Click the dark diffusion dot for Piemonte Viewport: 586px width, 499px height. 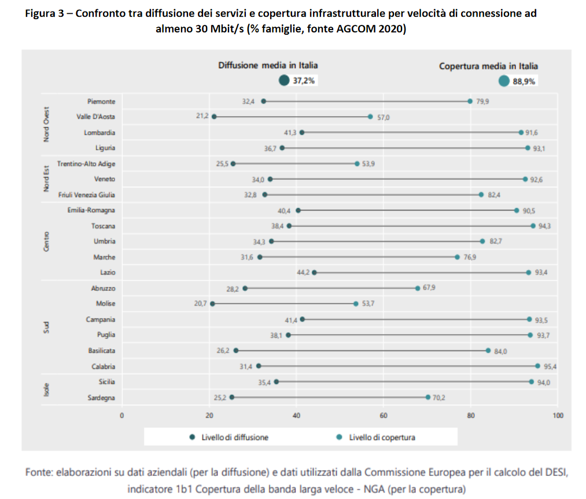pos(264,101)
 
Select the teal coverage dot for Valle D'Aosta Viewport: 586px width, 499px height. pos(370,117)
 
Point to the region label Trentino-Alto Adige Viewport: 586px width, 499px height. pos(86,164)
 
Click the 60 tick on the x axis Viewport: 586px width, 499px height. pos(384,415)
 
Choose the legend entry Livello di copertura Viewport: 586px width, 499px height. pos(382,438)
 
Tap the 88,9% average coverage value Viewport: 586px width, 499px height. pos(524,82)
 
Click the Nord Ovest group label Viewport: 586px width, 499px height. pos(47,124)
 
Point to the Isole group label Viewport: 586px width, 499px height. pos(47,389)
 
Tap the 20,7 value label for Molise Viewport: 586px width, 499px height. pos(201,304)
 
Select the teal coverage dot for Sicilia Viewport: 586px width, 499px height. pos(532,382)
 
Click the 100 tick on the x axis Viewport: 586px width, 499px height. pos(558,415)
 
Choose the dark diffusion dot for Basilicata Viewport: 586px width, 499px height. pos(236,350)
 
